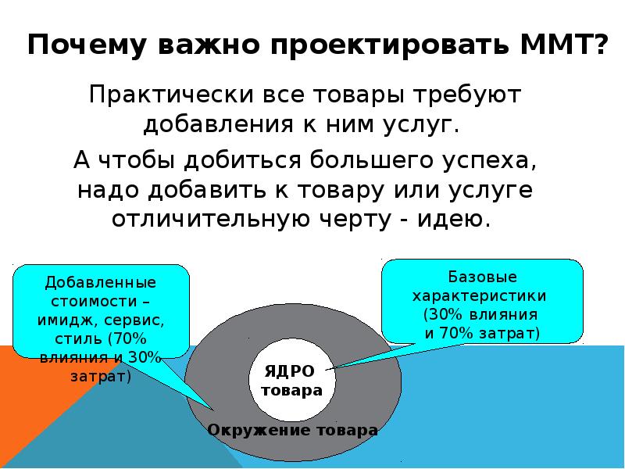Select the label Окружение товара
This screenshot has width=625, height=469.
[x=292, y=431]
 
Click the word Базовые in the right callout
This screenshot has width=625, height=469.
[x=481, y=278]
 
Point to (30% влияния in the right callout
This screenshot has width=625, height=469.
[x=481, y=315]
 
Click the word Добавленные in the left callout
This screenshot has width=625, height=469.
[x=100, y=281]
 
